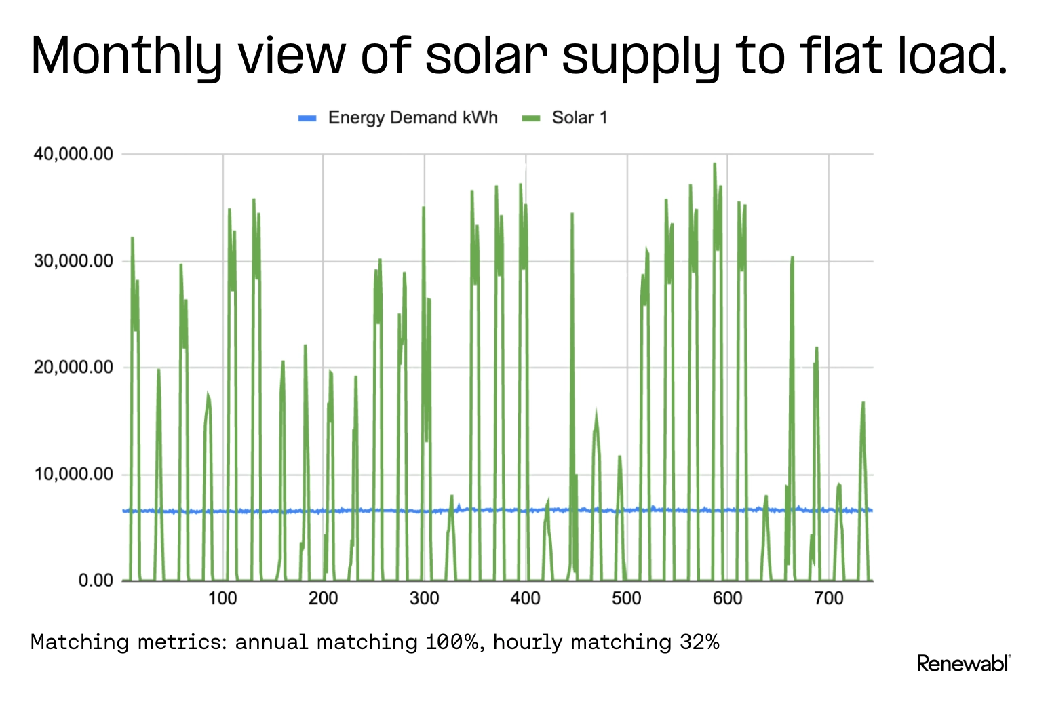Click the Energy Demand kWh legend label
(x=412, y=118)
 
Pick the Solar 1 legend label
(x=579, y=118)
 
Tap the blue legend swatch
(x=307, y=119)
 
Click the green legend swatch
(x=531, y=119)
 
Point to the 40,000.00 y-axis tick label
(x=73, y=155)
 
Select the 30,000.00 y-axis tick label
(x=73, y=261)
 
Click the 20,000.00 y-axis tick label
(x=73, y=368)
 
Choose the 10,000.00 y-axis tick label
(x=73, y=474)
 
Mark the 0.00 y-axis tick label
(x=96, y=581)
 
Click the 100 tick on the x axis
(x=222, y=598)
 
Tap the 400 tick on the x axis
(x=525, y=598)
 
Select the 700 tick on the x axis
(x=828, y=598)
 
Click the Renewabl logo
(x=963, y=663)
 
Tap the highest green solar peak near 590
(x=714, y=164)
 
